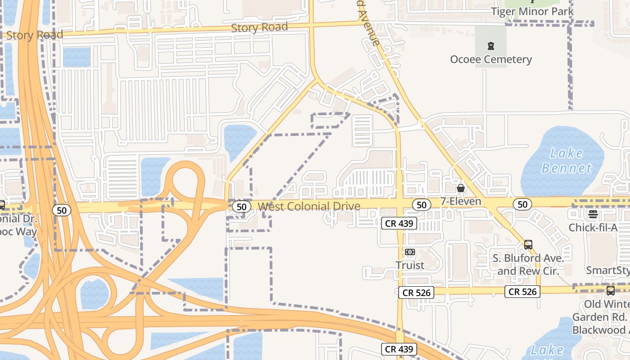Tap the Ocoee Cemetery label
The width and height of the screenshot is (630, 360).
click(491, 59)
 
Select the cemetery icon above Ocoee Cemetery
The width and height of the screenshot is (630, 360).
click(491, 45)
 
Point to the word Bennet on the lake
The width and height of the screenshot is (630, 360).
click(567, 168)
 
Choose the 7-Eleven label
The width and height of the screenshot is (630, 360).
click(461, 201)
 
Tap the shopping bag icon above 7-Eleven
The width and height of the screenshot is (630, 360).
click(461, 188)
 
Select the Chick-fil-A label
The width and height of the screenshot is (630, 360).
click(593, 227)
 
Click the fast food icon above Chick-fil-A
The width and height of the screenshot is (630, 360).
click(593, 214)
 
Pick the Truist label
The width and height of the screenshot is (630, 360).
click(410, 265)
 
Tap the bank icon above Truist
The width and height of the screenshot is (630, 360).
click(410, 252)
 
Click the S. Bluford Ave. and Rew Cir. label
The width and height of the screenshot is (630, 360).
click(528, 265)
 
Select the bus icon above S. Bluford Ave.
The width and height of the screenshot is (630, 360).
click(528, 245)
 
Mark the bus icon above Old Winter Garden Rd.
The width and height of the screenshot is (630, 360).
click(610, 291)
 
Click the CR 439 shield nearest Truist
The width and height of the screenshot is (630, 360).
click(399, 223)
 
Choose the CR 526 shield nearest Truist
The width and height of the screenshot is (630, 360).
click(416, 292)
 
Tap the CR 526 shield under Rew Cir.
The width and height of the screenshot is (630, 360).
click(522, 292)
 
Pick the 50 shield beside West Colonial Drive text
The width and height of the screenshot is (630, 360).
click(242, 207)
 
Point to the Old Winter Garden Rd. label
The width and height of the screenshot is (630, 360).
click(605, 317)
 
